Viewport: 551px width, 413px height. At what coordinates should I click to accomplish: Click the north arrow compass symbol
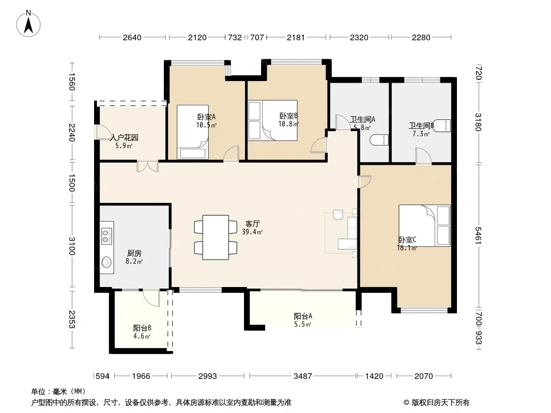coord(28,24)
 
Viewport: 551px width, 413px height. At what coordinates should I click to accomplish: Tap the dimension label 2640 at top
coord(132,38)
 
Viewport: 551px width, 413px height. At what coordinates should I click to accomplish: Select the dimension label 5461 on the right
coord(478,235)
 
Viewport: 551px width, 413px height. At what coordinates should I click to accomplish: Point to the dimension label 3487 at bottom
coord(302,376)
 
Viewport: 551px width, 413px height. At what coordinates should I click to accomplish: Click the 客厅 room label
coord(252,224)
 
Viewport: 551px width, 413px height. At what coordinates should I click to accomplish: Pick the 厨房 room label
coord(134,253)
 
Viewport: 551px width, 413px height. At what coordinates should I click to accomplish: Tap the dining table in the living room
coord(216,237)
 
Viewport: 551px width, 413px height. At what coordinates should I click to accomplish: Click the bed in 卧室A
coord(193,132)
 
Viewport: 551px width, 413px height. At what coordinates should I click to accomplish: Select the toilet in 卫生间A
coord(379,140)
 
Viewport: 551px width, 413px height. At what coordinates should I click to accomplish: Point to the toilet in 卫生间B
coord(441,125)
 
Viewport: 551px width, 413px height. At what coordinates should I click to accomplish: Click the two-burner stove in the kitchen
coord(106,235)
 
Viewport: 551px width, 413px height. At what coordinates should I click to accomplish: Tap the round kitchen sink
coord(106,262)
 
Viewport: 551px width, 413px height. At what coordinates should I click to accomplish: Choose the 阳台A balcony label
coord(303,316)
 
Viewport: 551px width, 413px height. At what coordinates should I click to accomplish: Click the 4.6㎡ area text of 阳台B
coord(142,336)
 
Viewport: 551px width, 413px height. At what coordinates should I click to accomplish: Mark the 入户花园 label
coord(124,137)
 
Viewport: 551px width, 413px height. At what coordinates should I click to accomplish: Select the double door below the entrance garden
coord(148,166)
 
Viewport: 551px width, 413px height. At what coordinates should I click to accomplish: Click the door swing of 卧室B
coord(319,145)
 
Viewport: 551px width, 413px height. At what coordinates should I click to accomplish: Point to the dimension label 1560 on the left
coord(72,82)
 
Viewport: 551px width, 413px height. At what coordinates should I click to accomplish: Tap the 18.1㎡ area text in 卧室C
coord(407,248)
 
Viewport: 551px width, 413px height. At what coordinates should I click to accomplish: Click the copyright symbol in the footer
coord(406,403)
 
